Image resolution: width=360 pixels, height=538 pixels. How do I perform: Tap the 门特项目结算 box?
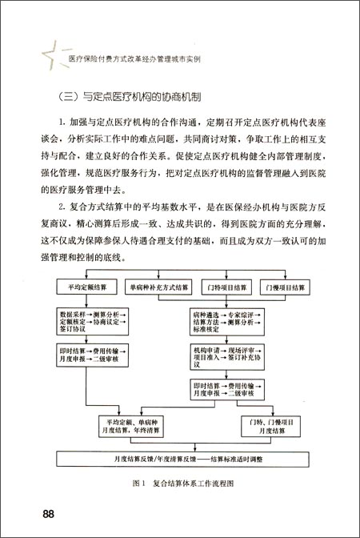[226, 286]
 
